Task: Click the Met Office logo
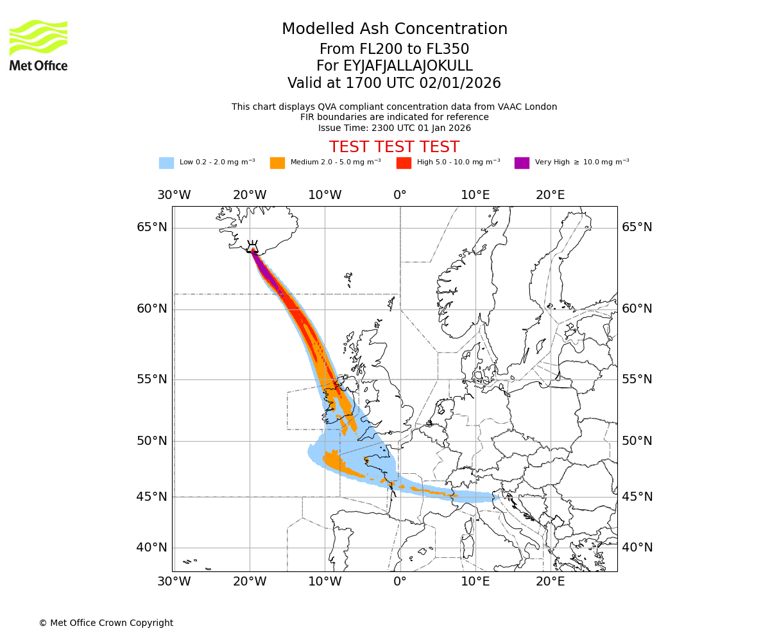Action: [x=38, y=45]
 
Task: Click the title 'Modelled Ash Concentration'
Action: [x=394, y=30]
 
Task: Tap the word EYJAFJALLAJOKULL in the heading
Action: [x=394, y=66]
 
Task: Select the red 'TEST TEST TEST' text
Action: [x=394, y=148]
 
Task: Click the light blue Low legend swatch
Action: [x=166, y=163]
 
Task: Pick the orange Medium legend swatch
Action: [x=277, y=163]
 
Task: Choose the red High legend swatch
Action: [x=404, y=163]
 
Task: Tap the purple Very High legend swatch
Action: [x=522, y=163]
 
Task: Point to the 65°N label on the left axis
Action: [x=151, y=227]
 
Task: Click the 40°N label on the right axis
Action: [x=637, y=548]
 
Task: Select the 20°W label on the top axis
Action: [x=249, y=195]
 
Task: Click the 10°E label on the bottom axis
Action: [x=475, y=582]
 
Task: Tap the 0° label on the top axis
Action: [x=400, y=195]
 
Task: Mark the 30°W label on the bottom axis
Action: [x=174, y=582]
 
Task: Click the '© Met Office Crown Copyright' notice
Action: [x=106, y=623]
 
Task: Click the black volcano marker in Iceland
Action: [x=253, y=247]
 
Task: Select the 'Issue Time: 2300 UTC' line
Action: [x=394, y=128]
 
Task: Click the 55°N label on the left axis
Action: [x=151, y=379]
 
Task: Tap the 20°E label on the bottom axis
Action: [x=550, y=582]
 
